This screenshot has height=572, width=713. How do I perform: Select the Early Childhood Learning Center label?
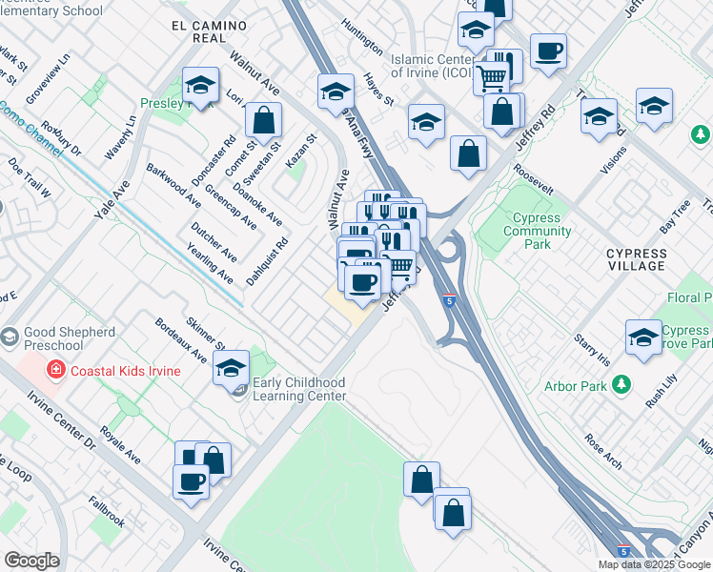coord(299,389)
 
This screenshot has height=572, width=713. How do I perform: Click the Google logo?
coord(31,561)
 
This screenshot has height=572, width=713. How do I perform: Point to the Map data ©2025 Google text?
coord(654,564)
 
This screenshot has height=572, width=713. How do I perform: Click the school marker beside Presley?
coord(201,87)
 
